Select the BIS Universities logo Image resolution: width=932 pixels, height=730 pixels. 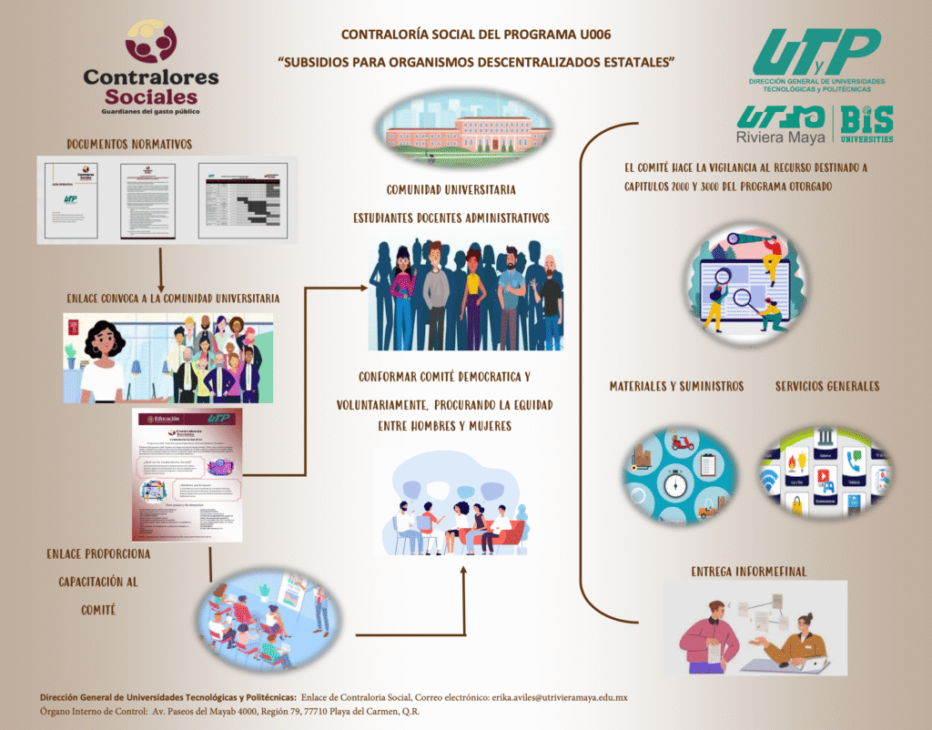(866, 125)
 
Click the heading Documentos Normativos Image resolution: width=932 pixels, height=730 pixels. (129, 144)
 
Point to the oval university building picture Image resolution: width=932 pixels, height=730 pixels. (465, 127)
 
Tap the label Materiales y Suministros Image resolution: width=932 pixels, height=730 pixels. (676, 386)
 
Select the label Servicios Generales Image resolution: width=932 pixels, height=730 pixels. (827, 386)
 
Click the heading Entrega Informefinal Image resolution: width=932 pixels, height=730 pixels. (748, 572)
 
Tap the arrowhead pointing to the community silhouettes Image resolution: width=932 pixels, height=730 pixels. (365, 289)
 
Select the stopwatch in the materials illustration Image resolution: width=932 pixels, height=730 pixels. (674, 482)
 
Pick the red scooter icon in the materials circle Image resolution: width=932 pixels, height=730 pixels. (683, 444)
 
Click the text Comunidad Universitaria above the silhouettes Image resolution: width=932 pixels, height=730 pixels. (451, 190)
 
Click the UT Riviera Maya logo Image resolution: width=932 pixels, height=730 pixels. (780, 125)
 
